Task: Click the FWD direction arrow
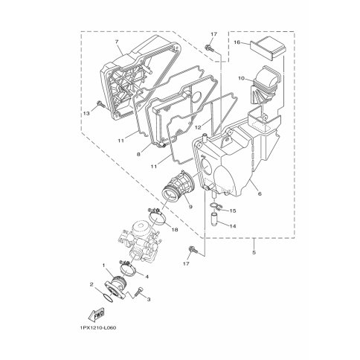click(x=96, y=315)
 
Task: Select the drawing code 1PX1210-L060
click(x=98, y=328)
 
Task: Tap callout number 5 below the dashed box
click(x=254, y=252)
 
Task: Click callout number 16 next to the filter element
click(x=237, y=42)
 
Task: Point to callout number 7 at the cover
click(x=117, y=41)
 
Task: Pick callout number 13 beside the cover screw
click(x=86, y=113)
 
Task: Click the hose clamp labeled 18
click(x=158, y=216)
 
